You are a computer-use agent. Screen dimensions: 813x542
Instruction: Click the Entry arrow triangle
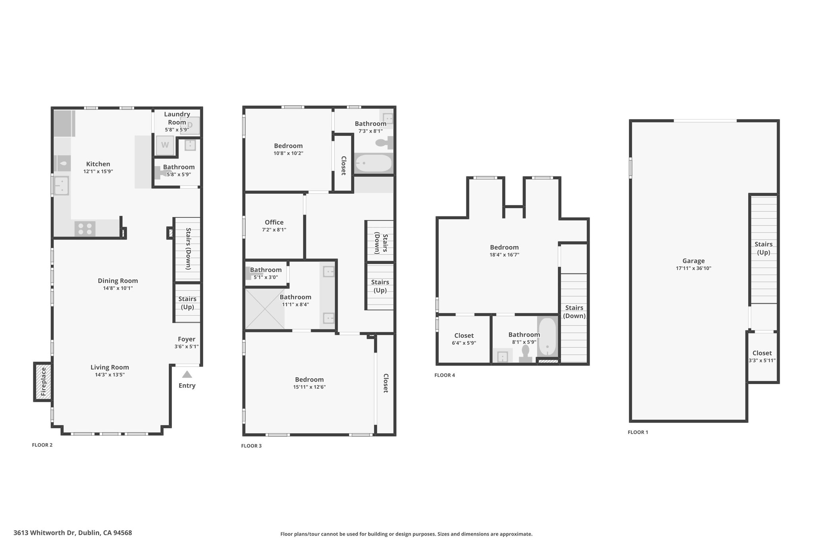pos(187,374)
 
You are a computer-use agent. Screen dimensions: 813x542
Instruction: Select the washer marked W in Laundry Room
pos(165,145)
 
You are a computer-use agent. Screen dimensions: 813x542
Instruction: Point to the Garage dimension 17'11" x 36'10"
pos(694,268)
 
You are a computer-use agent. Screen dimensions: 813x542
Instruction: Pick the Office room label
pos(274,222)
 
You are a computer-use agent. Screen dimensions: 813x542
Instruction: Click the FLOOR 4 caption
pos(445,375)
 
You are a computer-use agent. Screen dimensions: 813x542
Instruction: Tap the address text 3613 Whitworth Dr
pos(44,533)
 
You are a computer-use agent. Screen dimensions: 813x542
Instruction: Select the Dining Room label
pos(118,281)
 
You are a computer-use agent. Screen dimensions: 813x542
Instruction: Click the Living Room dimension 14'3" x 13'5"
pos(110,374)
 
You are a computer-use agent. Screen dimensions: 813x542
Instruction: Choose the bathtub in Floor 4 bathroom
pos(547,337)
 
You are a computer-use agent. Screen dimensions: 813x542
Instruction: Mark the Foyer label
pos(187,339)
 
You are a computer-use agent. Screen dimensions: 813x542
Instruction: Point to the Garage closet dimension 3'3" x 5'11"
pos(762,361)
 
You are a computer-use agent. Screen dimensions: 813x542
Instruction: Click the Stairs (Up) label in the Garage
pos(763,248)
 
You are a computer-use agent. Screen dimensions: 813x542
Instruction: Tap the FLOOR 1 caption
pos(638,432)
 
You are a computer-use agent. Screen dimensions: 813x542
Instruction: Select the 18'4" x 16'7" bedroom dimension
pos(504,255)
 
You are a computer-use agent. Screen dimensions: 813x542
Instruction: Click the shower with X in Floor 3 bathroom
pos(265,309)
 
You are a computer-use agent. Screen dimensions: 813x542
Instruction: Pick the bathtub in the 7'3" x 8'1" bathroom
pos(374,163)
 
